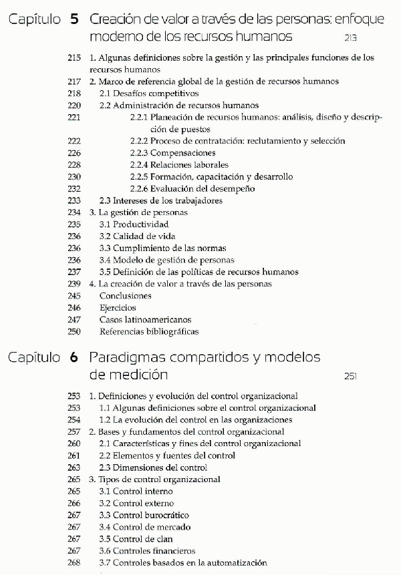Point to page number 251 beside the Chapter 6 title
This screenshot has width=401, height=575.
[352, 376]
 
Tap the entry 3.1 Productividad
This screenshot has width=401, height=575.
[134, 224]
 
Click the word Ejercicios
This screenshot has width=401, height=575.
[118, 308]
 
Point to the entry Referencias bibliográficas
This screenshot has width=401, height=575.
[149, 331]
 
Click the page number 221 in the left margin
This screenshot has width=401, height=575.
[74, 118]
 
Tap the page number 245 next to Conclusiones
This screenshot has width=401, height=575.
[74, 296]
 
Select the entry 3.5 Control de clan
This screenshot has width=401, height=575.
[138, 539]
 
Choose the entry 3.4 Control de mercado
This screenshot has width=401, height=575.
[144, 527]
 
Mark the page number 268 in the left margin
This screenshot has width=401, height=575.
[74, 563]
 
